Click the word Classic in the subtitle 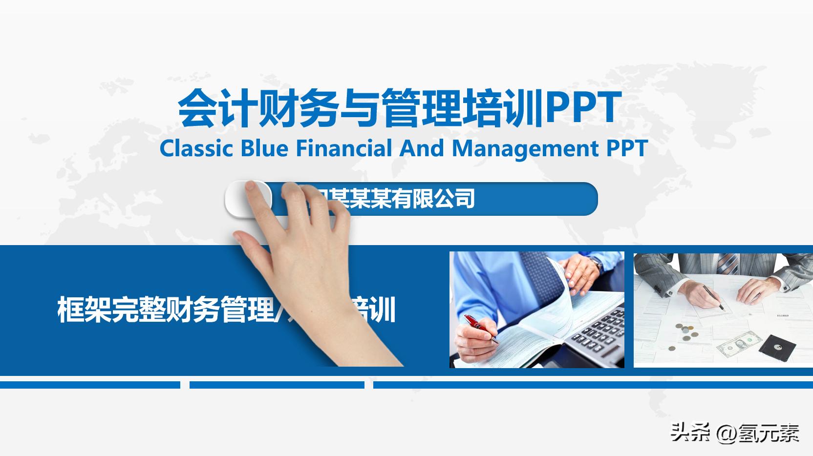pyautogui.click(x=196, y=148)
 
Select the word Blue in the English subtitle pyautogui.click(x=264, y=148)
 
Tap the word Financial pyautogui.click(x=344, y=148)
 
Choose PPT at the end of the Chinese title pyautogui.click(x=583, y=108)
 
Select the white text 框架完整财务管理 pyautogui.click(x=166, y=309)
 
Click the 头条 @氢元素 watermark pyautogui.click(x=734, y=432)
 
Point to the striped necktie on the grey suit pyautogui.click(x=727, y=263)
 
